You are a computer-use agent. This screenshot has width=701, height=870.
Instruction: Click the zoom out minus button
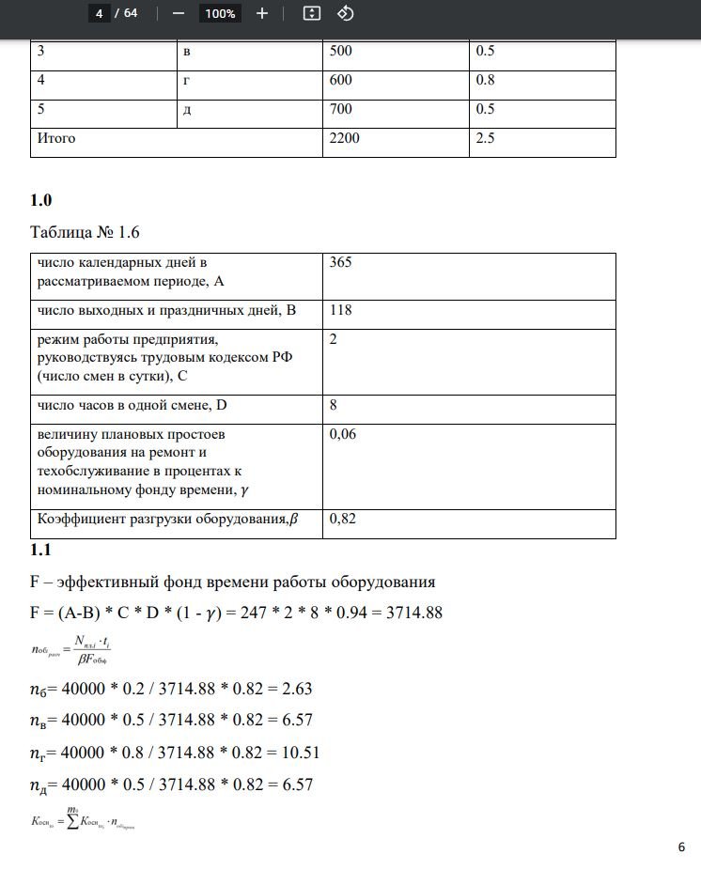pyautogui.click(x=179, y=13)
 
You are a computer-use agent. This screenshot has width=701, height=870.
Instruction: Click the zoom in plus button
pyautogui.click(x=262, y=13)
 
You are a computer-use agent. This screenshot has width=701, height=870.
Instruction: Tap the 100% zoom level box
pyautogui.click(x=220, y=13)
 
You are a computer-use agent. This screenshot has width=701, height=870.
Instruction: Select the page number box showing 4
pyautogui.click(x=98, y=13)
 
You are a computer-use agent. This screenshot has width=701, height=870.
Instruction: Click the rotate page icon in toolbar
pyautogui.click(x=345, y=13)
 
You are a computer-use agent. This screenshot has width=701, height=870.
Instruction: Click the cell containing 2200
pyautogui.click(x=344, y=139)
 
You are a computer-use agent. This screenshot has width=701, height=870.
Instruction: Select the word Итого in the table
pyautogui.click(x=56, y=139)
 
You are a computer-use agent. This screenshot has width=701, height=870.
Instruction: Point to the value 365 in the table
pyautogui.click(x=340, y=263)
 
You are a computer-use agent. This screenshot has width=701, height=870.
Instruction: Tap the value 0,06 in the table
pyautogui.click(x=344, y=435)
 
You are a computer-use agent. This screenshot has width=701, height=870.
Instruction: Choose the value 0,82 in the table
pyautogui.click(x=344, y=518)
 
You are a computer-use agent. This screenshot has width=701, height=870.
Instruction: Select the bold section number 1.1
pyautogui.click(x=41, y=550)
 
